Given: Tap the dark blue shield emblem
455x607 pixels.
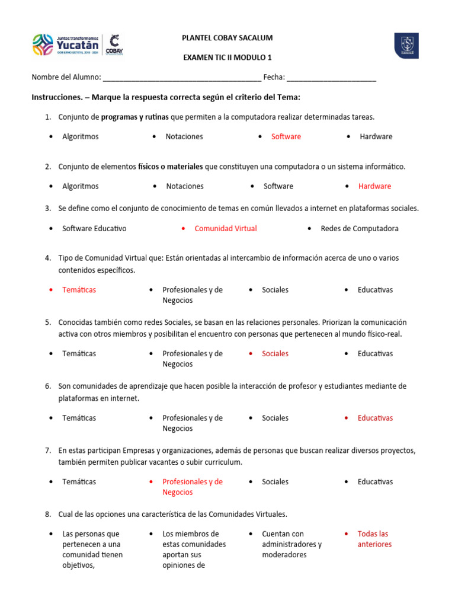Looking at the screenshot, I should point(406,46).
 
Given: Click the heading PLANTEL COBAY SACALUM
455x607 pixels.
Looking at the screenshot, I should point(227,38).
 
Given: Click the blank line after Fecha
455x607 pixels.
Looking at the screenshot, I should point(331,78).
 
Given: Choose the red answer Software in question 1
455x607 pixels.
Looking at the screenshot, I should point(286,136).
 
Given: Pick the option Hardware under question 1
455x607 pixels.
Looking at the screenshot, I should point(376,136).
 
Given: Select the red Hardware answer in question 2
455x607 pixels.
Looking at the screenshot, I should point(374,186).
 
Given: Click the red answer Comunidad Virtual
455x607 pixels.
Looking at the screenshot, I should point(226,228).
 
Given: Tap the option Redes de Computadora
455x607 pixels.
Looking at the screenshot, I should point(359,228).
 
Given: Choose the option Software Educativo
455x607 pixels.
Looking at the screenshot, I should point(94,228).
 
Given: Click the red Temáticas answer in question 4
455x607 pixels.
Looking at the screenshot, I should point(79,290).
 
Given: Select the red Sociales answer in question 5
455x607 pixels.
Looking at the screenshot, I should point(275,353).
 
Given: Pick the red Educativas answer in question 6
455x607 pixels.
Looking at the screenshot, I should point(375,418).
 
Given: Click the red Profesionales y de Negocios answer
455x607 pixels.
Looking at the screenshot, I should point(193,487).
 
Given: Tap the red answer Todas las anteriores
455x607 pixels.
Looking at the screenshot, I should point(374,539).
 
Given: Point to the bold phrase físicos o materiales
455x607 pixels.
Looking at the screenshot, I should point(171,167).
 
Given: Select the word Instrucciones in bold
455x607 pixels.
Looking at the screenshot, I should point(56,97).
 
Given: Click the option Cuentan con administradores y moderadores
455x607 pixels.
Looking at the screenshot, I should point(291,544).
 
